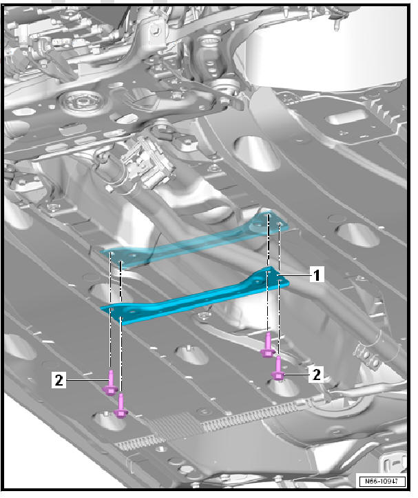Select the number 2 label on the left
point(59,379)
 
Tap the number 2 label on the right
point(317,374)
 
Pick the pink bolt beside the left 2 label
point(109,384)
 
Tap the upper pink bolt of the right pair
point(267,346)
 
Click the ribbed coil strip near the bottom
point(227,417)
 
